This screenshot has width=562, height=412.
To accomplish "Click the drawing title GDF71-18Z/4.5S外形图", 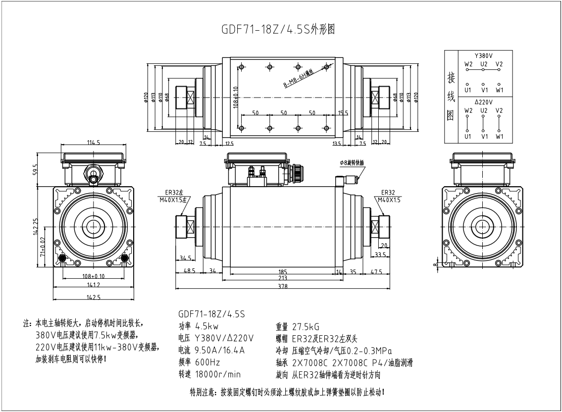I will [278, 29].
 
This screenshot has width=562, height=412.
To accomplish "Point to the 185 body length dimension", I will [283, 271].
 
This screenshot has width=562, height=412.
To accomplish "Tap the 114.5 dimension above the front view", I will [94, 143].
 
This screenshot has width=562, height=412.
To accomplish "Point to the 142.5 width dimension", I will [94, 297].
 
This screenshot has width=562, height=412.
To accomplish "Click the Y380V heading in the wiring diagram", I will [484, 55].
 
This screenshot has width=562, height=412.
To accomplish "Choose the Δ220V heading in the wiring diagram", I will [484, 102].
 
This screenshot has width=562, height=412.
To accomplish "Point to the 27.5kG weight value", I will [306, 326].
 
